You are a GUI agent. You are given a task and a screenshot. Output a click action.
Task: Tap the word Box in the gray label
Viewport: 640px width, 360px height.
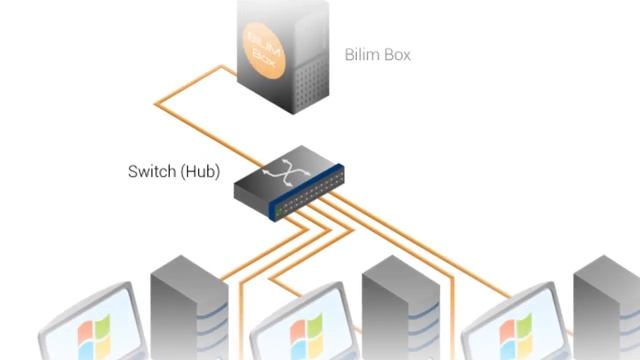(396, 54)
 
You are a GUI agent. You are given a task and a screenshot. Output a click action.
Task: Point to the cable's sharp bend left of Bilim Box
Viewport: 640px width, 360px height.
(157, 99)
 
